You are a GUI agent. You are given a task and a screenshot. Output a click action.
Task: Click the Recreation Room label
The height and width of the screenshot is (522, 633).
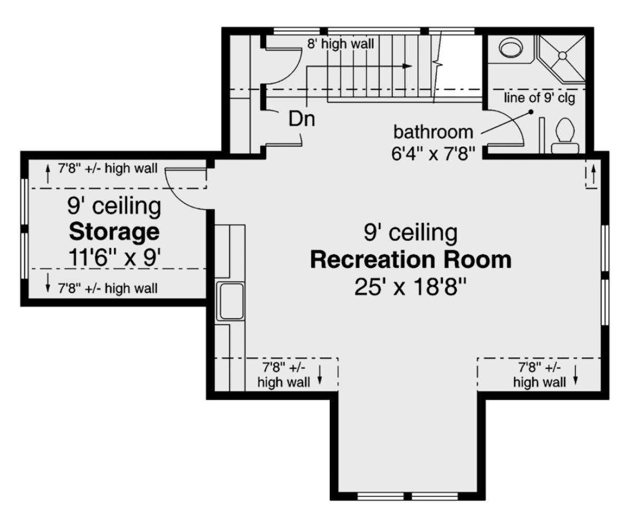pyautogui.click(x=410, y=260)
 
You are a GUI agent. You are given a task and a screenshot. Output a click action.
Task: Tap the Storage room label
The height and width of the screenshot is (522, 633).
pyautogui.click(x=114, y=231)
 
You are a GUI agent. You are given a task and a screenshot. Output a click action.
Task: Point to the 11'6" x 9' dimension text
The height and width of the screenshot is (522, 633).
pyautogui.click(x=114, y=258)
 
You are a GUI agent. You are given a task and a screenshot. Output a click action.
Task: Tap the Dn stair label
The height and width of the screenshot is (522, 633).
pyautogui.click(x=301, y=119)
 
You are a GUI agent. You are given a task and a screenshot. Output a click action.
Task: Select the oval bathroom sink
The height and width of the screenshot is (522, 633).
pyautogui.click(x=510, y=50)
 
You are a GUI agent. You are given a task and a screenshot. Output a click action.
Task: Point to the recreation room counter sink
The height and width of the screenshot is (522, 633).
pyautogui.click(x=230, y=301)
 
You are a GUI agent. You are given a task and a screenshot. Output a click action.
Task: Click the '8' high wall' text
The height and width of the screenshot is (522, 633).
pyautogui.click(x=341, y=44)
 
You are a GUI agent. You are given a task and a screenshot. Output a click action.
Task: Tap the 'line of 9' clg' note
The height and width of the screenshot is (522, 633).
pyautogui.click(x=539, y=98)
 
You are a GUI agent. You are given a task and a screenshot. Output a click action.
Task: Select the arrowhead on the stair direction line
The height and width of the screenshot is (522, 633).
pyautogui.click(x=407, y=66)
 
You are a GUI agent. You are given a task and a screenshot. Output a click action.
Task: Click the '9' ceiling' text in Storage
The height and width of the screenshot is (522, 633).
pyautogui.click(x=114, y=206)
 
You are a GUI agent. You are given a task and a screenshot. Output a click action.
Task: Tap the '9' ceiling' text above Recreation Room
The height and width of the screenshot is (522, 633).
pyautogui.click(x=410, y=231)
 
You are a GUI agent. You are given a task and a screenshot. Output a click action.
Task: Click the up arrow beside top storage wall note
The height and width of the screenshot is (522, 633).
pyautogui.click(x=48, y=171)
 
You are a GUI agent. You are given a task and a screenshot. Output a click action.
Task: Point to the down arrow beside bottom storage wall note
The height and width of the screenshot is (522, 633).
pyautogui.click(x=48, y=287)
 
